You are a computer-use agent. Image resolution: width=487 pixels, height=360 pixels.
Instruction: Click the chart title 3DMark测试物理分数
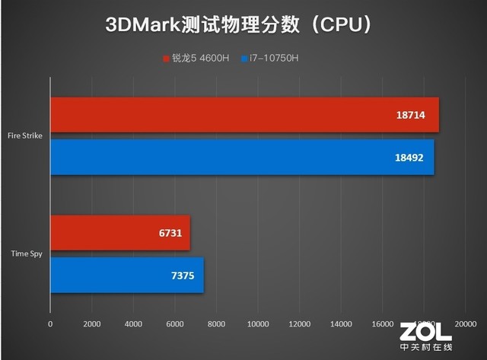point(243,25)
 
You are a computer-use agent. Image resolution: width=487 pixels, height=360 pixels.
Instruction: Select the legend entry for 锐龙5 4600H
point(196,58)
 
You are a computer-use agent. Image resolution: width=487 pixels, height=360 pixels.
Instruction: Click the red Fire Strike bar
point(244,116)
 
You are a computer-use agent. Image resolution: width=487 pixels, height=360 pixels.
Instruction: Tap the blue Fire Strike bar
point(242,157)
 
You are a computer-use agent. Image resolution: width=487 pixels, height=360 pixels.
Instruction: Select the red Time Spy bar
point(120,233)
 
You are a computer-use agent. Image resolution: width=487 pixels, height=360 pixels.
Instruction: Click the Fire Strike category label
point(24,136)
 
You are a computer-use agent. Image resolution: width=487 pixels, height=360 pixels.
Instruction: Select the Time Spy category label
point(27,253)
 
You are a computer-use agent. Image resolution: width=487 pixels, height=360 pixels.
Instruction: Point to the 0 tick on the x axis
point(50,323)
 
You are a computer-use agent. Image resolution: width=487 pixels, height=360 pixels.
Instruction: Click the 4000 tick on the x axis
point(133,323)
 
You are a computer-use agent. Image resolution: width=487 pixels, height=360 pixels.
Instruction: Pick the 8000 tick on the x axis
point(216,323)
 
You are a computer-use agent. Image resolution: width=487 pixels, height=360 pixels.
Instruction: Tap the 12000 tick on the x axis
point(300,323)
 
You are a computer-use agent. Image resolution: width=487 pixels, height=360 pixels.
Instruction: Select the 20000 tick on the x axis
point(465,323)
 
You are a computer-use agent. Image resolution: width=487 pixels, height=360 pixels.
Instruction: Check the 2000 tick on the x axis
point(92,323)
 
